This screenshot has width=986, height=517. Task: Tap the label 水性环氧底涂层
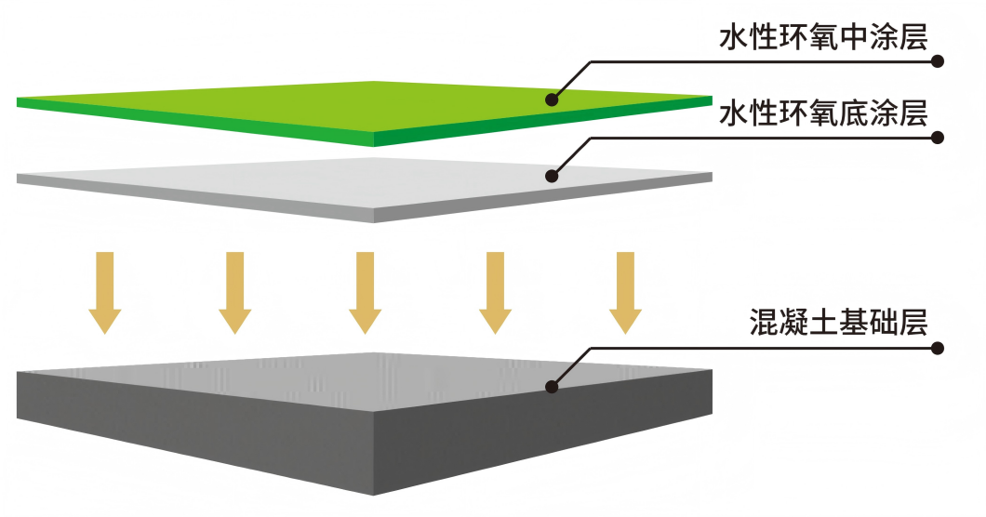tap(823, 113)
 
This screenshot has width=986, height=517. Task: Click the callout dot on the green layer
tap(552, 97)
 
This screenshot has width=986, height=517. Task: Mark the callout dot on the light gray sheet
tap(552, 174)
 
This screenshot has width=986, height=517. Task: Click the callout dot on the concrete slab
tap(552, 385)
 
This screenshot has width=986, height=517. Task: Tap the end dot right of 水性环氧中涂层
tap(938, 62)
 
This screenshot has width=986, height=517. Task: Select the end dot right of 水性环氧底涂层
tap(938, 138)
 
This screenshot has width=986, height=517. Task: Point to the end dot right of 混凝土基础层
tap(938, 349)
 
